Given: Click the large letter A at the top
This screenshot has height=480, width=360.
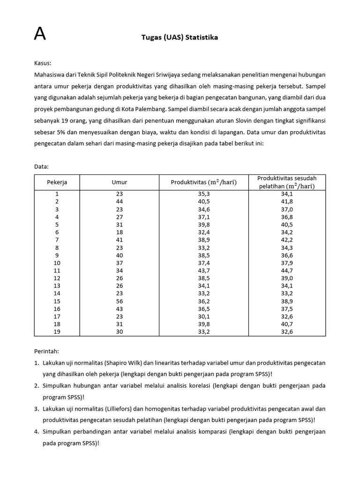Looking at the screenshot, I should pos(40,34).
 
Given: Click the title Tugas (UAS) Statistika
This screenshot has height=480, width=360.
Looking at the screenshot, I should pos(180,37).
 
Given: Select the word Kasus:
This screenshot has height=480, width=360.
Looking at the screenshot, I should pos(43,63).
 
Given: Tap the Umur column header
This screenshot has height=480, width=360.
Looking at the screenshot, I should pos(119,182).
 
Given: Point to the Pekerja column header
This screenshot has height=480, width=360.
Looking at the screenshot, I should pos(57,182).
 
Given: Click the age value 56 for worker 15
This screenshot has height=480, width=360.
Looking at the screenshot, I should pos(119,301).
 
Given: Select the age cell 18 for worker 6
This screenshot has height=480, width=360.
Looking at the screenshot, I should pos(119,232).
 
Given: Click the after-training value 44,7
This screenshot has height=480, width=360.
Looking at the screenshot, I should pos(287,270).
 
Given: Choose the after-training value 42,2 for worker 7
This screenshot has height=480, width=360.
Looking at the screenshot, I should pos(287,240).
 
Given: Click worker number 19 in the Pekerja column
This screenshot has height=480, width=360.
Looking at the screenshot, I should pos(57,331).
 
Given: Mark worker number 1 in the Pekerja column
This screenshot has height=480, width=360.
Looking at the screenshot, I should pos(57,194).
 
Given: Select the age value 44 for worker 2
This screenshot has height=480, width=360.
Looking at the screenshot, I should pos(119,202).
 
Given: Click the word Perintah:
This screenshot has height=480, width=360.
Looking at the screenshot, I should pos(46,351).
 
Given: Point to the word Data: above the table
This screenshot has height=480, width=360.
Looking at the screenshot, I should pos(42,166).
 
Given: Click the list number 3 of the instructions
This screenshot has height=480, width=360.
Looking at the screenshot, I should pos(37,409).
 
